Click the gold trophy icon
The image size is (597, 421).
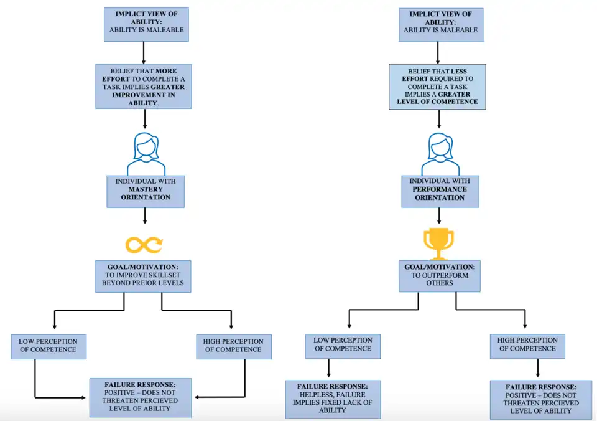click(438, 244)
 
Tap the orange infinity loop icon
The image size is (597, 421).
click(144, 245)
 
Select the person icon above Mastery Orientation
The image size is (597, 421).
click(146, 154)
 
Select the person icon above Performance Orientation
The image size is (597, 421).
click(440, 154)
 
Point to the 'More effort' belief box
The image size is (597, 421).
click(144, 87)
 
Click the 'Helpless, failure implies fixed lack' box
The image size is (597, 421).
click(333, 399)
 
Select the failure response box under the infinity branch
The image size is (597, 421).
click(141, 397)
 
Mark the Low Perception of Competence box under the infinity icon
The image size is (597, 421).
click(49, 346)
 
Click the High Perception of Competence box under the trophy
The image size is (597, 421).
click(527, 346)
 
